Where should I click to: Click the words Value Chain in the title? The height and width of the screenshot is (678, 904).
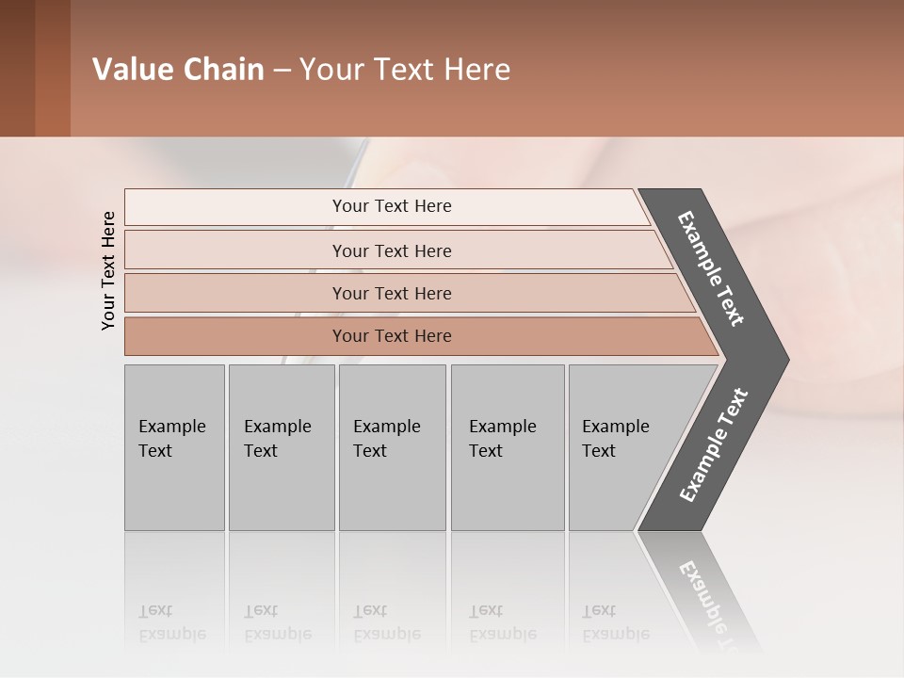[178, 70]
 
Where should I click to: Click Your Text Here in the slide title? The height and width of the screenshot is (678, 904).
[405, 70]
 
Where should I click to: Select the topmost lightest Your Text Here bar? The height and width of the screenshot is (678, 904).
[392, 206]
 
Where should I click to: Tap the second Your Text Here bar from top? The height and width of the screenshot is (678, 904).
[392, 250]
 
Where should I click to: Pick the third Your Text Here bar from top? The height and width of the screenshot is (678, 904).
[392, 293]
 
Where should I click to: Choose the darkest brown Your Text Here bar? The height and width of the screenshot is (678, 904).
[392, 336]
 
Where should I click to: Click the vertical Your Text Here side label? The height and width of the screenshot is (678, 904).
[108, 270]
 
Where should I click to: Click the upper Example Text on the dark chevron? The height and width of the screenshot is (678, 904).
[712, 268]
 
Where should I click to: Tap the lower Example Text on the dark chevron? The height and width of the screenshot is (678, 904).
[714, 444]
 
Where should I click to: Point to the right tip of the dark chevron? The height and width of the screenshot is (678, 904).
[785, 360]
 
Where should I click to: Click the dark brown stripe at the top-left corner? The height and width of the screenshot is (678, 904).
[17, 68]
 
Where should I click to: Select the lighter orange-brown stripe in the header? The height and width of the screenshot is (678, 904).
[53, 68]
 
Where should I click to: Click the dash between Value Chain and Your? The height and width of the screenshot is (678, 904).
[282, 71]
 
